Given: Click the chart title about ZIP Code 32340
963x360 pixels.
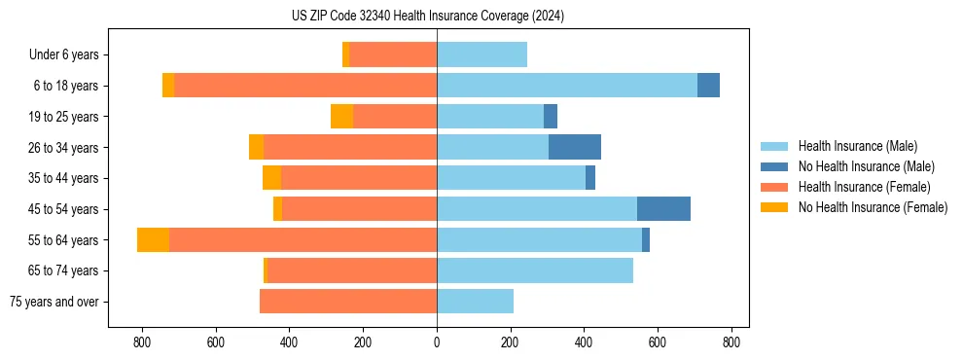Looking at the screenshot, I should pyautogui.click(x=427, y=16).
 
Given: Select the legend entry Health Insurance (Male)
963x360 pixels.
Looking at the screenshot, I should pyautogui.click(x=857, y=146).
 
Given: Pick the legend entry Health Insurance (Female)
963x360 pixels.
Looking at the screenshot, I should pyautogui.click(x=864, y=187).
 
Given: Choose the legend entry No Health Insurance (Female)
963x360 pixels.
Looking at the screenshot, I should pyautogui.click(x=873, y=207).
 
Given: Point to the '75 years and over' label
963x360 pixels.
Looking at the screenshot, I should pyautogui.click(x=53, y=302).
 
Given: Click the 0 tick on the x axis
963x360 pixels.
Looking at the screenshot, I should pyautogui.click(x=437, y=342).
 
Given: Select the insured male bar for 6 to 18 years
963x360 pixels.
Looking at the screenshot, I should pyautogui.click(x=566, y=86).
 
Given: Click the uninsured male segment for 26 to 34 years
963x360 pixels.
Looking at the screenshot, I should pyautogui.click(x=575, y=147).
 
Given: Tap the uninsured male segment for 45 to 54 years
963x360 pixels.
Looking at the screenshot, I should pyautogui.click(x=663, y=209).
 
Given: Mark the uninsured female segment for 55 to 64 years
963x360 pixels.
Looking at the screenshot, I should pyautogui.click(x=153, y=239).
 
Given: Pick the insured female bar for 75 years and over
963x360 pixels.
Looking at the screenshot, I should pyautogui.click(x=348, y=302).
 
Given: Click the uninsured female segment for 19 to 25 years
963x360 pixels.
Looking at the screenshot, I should pyautogui.click(x=341, y=117).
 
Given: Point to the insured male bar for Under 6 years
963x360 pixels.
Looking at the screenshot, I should pyautogui.click(x=481, y=55).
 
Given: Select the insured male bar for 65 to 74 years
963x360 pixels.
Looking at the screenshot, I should pyautogui.click(x=535, y=270).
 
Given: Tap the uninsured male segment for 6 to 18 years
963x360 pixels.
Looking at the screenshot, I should pyautogui.click(x=708, y=86).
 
